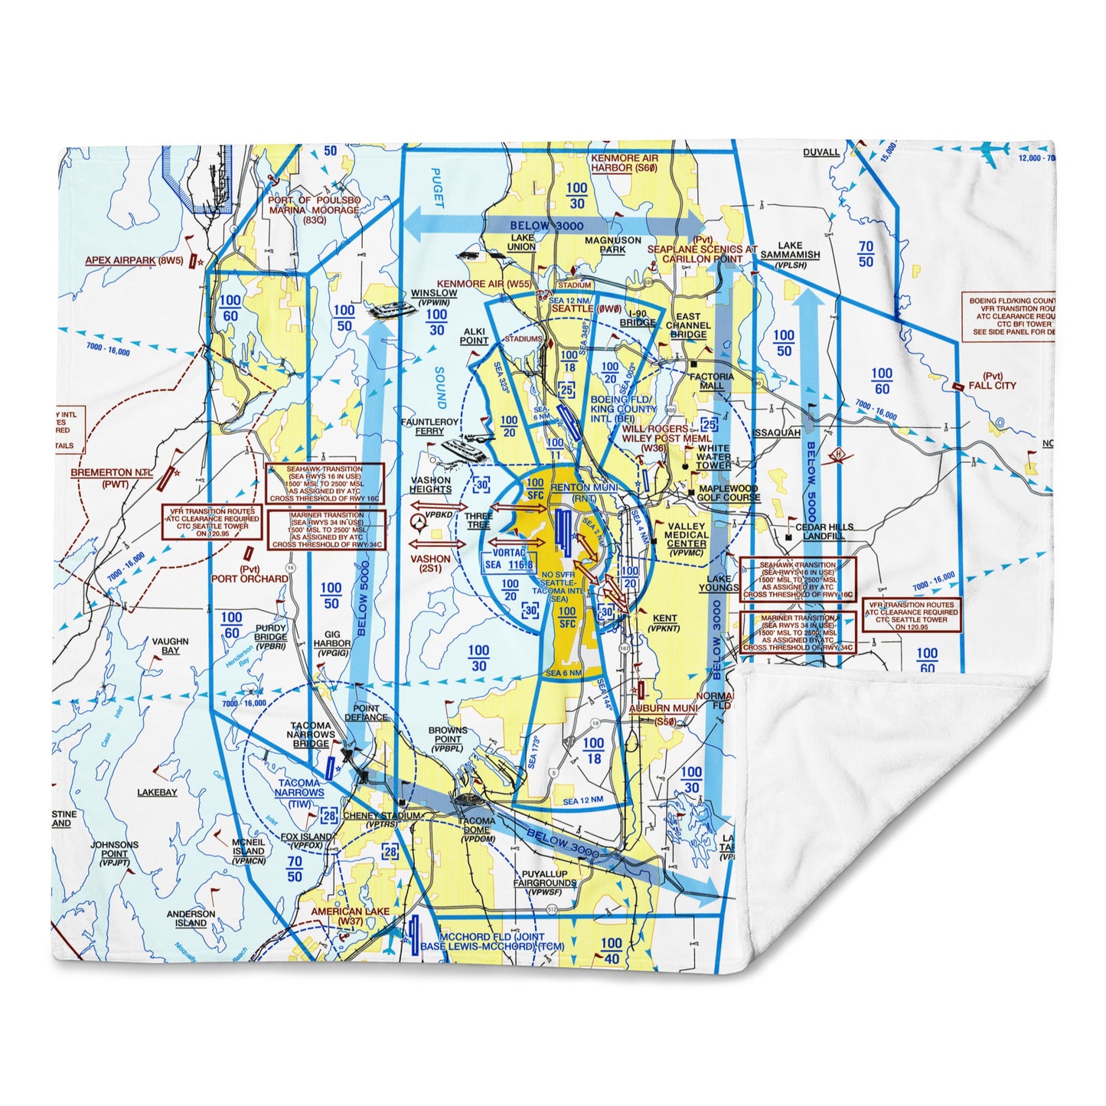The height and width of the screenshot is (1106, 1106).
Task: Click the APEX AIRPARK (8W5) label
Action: pos(134,260)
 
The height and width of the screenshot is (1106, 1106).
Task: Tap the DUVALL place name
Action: pos(821,152)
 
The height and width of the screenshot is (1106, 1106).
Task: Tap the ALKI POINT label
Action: pos(474,337)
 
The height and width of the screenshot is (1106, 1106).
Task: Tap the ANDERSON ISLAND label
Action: pos(191,918)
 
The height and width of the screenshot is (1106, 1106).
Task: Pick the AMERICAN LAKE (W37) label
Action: pos(350,917)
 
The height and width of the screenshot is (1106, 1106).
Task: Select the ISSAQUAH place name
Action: pos(776,432)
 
